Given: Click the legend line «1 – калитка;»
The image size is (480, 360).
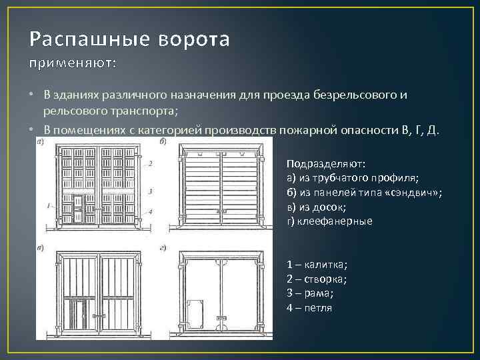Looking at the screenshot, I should [317, 264].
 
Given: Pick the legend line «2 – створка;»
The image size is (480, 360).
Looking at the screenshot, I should [319, 279].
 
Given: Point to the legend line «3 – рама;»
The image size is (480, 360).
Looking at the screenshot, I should [310, 293].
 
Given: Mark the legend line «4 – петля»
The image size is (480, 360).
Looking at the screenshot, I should [309, 308].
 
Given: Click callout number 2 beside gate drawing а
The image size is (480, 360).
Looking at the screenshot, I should [151, 163].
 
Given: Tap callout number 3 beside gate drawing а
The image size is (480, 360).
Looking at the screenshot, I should [151, 191].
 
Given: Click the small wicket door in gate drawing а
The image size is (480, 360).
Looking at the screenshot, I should [78, 207].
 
